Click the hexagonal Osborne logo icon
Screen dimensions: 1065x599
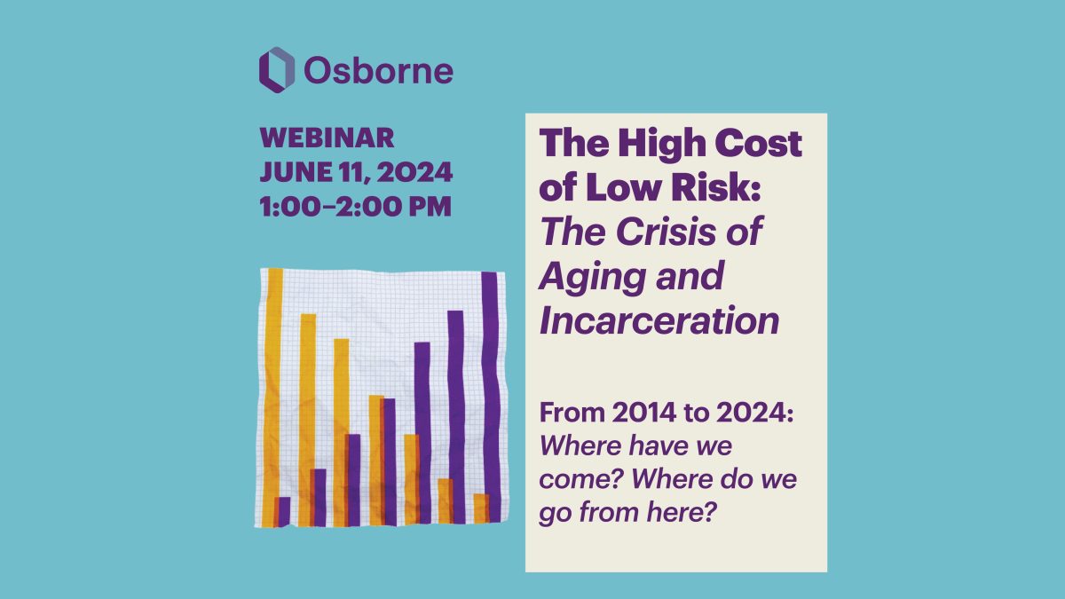(x=277, y=70)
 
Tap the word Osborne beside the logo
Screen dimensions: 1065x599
(x=378, y=71)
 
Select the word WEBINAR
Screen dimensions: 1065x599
(x=327, y=138)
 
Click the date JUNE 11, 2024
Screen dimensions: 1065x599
(x=356, y=172)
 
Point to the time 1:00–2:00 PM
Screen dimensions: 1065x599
(x=356, y=207)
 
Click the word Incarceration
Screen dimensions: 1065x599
(x=659, y=321)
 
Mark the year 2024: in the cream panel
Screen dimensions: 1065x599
(x=755, y=413)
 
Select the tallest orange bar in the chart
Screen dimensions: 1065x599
(x=274, y=398)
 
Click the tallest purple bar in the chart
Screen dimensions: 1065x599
(x=491, y=397)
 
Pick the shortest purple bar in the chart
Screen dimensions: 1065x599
(x=284, y=511)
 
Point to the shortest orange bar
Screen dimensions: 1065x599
(x=480, y=508)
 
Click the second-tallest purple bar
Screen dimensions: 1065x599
(x=456, y=417)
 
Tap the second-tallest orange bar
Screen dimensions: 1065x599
(x=308, y=420)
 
